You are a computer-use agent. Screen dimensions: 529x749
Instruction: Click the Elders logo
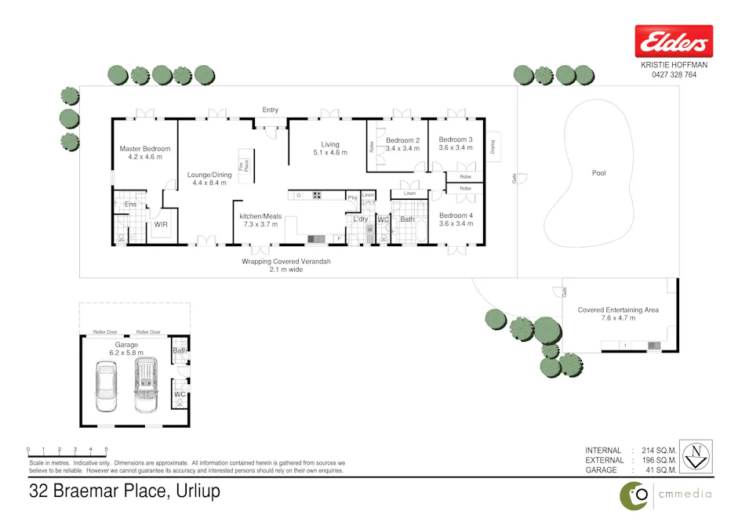[674, 41]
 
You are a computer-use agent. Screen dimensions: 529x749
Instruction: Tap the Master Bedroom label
[144, 148]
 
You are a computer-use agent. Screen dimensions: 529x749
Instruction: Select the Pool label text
[598, 173]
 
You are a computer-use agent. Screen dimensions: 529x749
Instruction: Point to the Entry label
[270, 111]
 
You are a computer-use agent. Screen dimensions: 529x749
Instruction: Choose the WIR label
[161, 224]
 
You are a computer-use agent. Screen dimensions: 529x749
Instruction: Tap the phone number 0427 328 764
[674, 75]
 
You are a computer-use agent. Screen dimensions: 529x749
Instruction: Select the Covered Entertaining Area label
[618, 310]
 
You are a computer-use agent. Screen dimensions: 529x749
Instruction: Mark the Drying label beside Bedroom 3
[493, 146]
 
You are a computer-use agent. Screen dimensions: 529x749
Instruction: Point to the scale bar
[67, 450]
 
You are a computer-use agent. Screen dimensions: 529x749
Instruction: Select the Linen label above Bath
[409, 194]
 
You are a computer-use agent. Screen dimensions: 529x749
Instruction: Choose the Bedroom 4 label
[456, 216]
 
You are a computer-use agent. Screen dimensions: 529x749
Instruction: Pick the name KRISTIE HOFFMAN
[674, 66]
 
